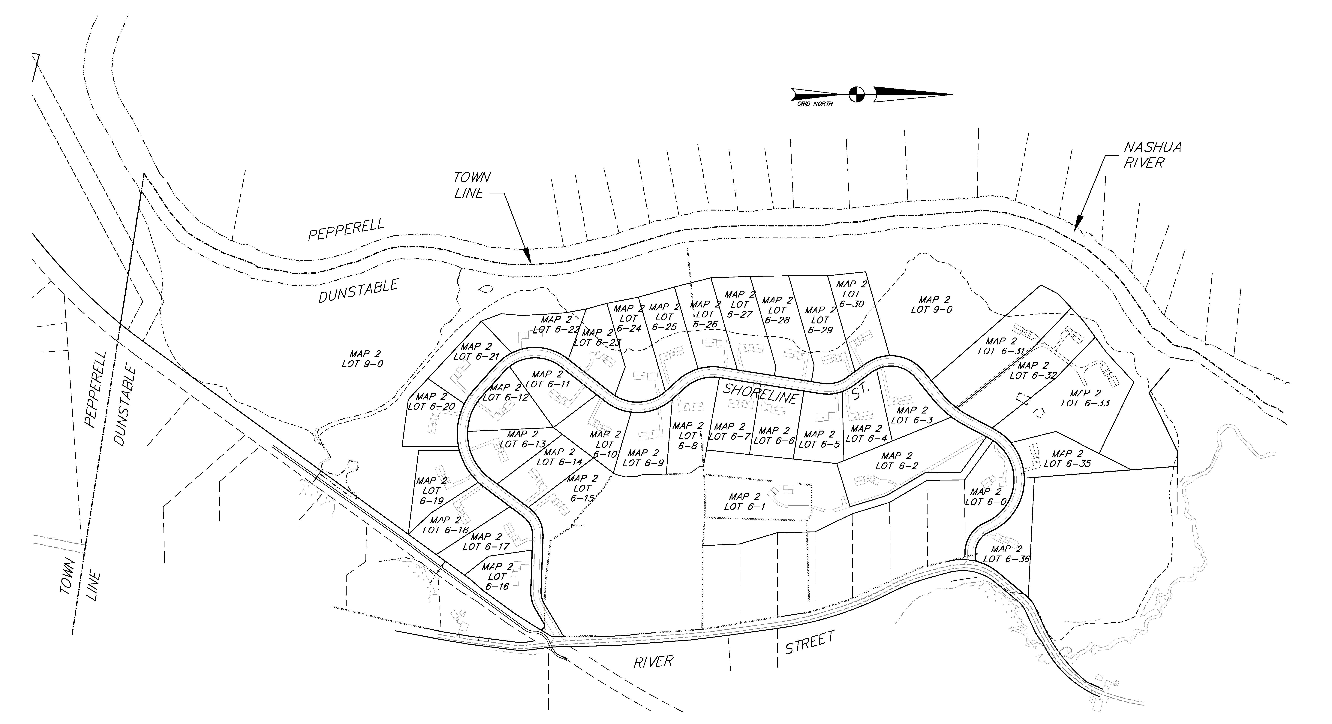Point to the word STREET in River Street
tap(810, 642)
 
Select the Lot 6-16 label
tap(497, 576)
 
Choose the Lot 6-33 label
tap(1085, 398)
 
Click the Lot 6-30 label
tap(851, 294)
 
